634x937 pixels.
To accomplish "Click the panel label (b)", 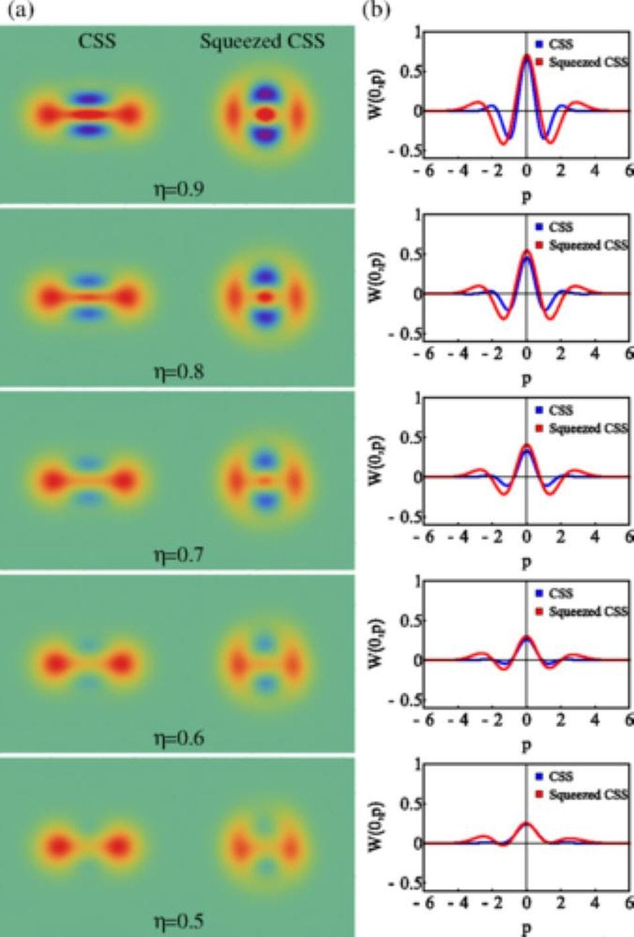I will (377, 11).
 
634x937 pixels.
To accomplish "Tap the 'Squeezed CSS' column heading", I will (262, 42).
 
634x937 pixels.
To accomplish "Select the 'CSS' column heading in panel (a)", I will (97, 42).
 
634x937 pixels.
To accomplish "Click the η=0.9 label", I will (178, 189).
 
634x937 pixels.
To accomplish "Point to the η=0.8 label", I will (178, 372).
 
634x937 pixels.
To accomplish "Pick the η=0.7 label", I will (178, 555).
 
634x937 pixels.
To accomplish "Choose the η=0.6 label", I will (178, 738).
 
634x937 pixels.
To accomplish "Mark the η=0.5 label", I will (178, 921).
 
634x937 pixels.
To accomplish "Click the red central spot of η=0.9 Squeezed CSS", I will (265, 114).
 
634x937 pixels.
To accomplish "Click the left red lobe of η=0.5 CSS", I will (57, 845).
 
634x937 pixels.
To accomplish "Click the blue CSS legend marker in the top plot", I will (540, 44).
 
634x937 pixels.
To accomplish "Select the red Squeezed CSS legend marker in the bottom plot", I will (540, 794).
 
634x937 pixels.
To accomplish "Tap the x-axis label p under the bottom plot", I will (526, 929).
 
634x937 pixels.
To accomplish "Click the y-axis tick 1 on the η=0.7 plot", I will (417, 399).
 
